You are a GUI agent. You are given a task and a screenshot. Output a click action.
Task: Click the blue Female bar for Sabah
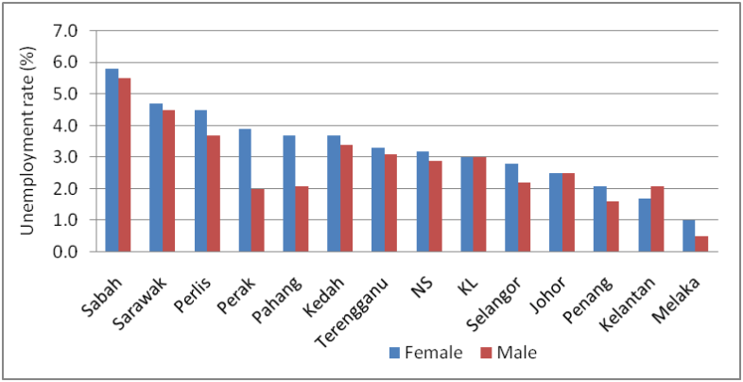coord(112,160)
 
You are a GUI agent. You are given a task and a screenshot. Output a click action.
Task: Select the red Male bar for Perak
coord(258,220)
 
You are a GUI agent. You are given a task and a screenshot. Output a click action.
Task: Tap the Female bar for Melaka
coord(689,235)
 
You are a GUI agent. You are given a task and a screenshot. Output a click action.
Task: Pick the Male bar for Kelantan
coord(657,219)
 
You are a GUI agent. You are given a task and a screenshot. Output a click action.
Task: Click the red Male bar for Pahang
coord(302,219)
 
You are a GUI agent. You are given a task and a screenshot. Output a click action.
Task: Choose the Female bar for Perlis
coord(201,181)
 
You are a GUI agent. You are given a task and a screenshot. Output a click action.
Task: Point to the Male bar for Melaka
coord(701,244)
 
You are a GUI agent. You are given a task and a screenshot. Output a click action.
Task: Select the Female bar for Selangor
coord(511,208)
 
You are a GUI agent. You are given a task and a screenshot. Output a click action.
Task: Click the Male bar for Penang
coord(613,227)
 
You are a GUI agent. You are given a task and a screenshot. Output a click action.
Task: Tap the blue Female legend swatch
coord(395,353)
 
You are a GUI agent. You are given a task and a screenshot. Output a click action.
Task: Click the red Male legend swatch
coord(486,353)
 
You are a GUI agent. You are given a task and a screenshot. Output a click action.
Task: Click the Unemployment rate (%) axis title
coord(29,141)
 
